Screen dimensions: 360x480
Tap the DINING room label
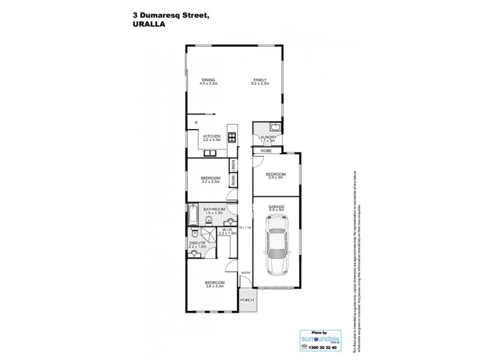(x=208, y=80)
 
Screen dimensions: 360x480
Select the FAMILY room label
(x=259, y=80)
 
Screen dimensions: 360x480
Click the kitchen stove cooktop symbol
(x=232, y=136)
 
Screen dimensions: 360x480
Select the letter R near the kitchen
(x=196, y=124)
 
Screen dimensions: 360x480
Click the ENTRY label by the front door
(x=244, y=273)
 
